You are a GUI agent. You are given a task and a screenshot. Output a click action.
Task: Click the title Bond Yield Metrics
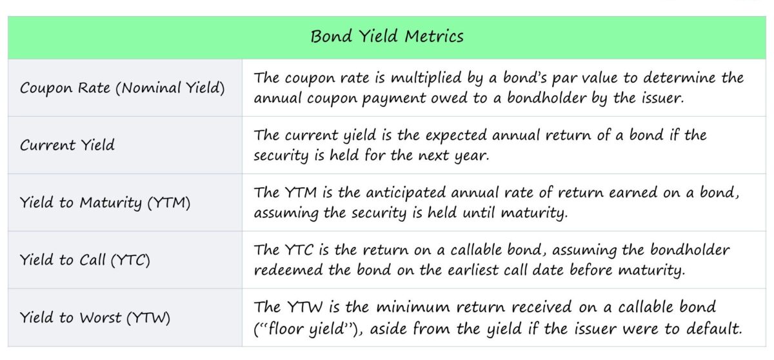[387, 36]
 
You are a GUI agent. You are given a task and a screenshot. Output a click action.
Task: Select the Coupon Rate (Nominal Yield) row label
[123, 88]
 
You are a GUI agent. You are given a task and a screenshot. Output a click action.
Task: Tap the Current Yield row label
[67, 145]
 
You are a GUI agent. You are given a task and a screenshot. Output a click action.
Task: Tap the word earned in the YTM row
[615, 194]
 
